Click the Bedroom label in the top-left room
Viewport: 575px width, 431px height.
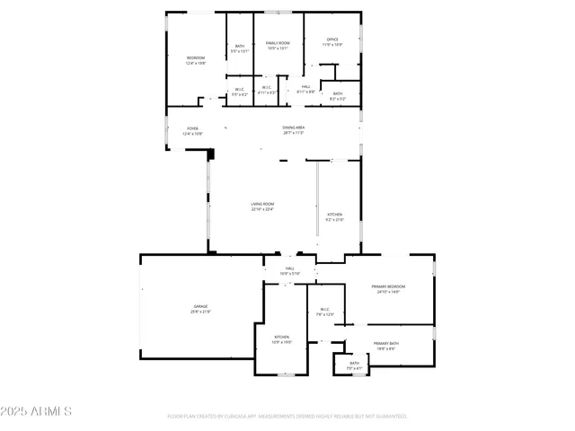click(x=195, y=60)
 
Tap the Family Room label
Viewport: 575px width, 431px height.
click(x=277, y=46)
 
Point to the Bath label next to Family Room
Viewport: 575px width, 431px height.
click(x=240, y=48)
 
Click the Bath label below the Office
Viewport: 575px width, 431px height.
click(x=337, y=95)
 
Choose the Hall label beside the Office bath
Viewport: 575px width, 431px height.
click(x=305, y=88)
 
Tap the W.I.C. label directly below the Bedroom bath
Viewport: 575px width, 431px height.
click(x=239, y=91)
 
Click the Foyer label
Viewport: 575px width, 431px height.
click(x=192, y=130)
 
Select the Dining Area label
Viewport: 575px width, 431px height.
click(x=293, y=129)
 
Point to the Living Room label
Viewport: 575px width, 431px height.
click(x=262, y=207)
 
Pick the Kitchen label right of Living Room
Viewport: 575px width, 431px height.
click(x=334, y=216)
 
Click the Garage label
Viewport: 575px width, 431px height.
click(x=199, y=310)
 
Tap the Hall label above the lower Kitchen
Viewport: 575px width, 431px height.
click(x=290, y=270)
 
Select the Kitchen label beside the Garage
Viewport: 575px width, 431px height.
click(x=282, y=339)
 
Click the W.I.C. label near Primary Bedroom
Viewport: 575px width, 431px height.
click(x=324, y=312)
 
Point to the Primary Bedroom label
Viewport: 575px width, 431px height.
click(x=388, y=289)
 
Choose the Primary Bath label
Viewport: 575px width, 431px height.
click(x=387, y=346)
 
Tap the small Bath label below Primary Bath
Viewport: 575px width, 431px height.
click(x=354, y=365)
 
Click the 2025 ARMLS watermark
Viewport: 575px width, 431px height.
click(x=37, y=411)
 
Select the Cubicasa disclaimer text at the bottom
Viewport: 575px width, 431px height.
click(x=287, y=416)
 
